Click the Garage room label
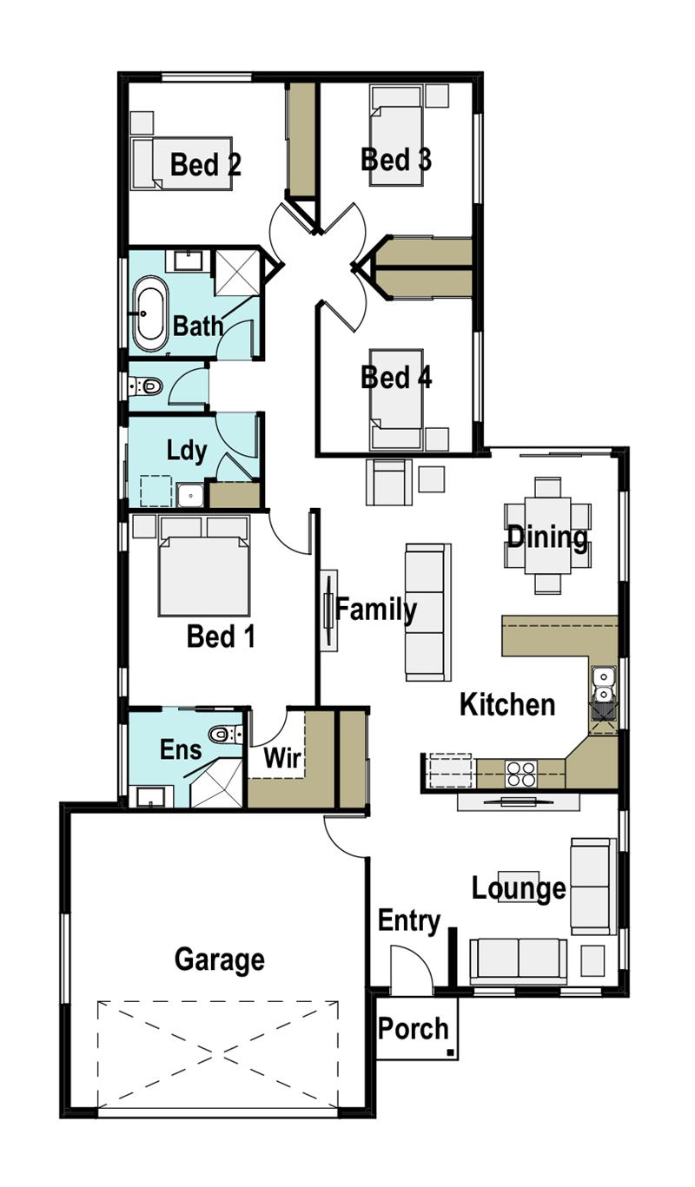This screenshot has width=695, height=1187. click(x=219, y=959)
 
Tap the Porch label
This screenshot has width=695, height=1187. click(x=414, y=1029)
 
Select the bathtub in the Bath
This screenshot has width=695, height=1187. click(x=150, y=313)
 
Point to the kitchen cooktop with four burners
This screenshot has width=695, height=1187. click(x=520, y=773)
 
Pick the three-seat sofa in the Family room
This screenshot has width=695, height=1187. click(x=428, y=612)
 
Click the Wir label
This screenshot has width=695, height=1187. click(x=281, y=758)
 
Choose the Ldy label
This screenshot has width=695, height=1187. click(x=187, y=451)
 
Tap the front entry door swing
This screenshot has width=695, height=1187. click(x=411, y=970)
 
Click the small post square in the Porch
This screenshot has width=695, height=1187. click(x=449, y=1053)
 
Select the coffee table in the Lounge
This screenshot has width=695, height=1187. click(x=518, y=886)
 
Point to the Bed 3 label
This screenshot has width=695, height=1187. click(x=396, y=160)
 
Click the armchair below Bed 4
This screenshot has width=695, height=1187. click(x=388, y=483)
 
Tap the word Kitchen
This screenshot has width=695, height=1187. click(x=507, y=704)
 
